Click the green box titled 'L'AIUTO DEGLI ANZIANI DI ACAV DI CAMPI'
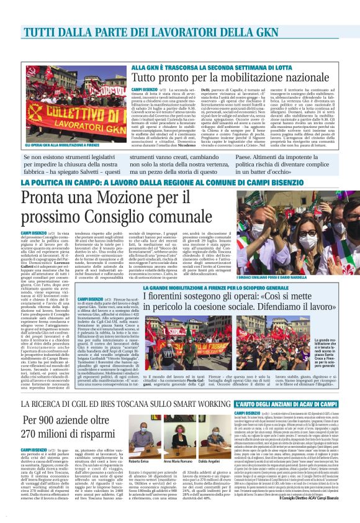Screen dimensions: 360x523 289,387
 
